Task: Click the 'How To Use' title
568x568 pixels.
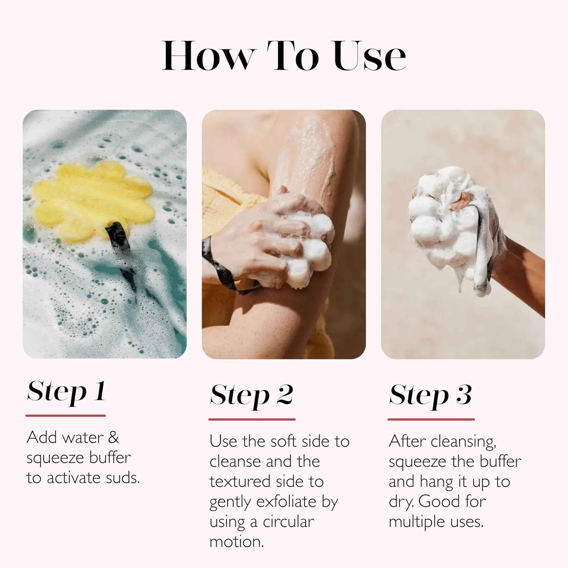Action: (x=284, y=56)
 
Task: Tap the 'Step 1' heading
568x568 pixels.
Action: (x=66, y=392)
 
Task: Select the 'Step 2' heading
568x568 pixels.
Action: (x=252, y=395)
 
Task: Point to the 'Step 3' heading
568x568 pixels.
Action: (x=430, y=395)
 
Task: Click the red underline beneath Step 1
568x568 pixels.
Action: (x=66, y=415)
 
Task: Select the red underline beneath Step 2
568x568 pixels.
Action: (x=252, y=419)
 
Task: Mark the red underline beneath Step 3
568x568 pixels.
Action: (x=431, y=419)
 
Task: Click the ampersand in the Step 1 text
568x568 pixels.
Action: (x=113, y=437)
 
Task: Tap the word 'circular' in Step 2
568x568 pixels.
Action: (x=289, y=522)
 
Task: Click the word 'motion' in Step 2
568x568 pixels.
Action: (x=236, y=542)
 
